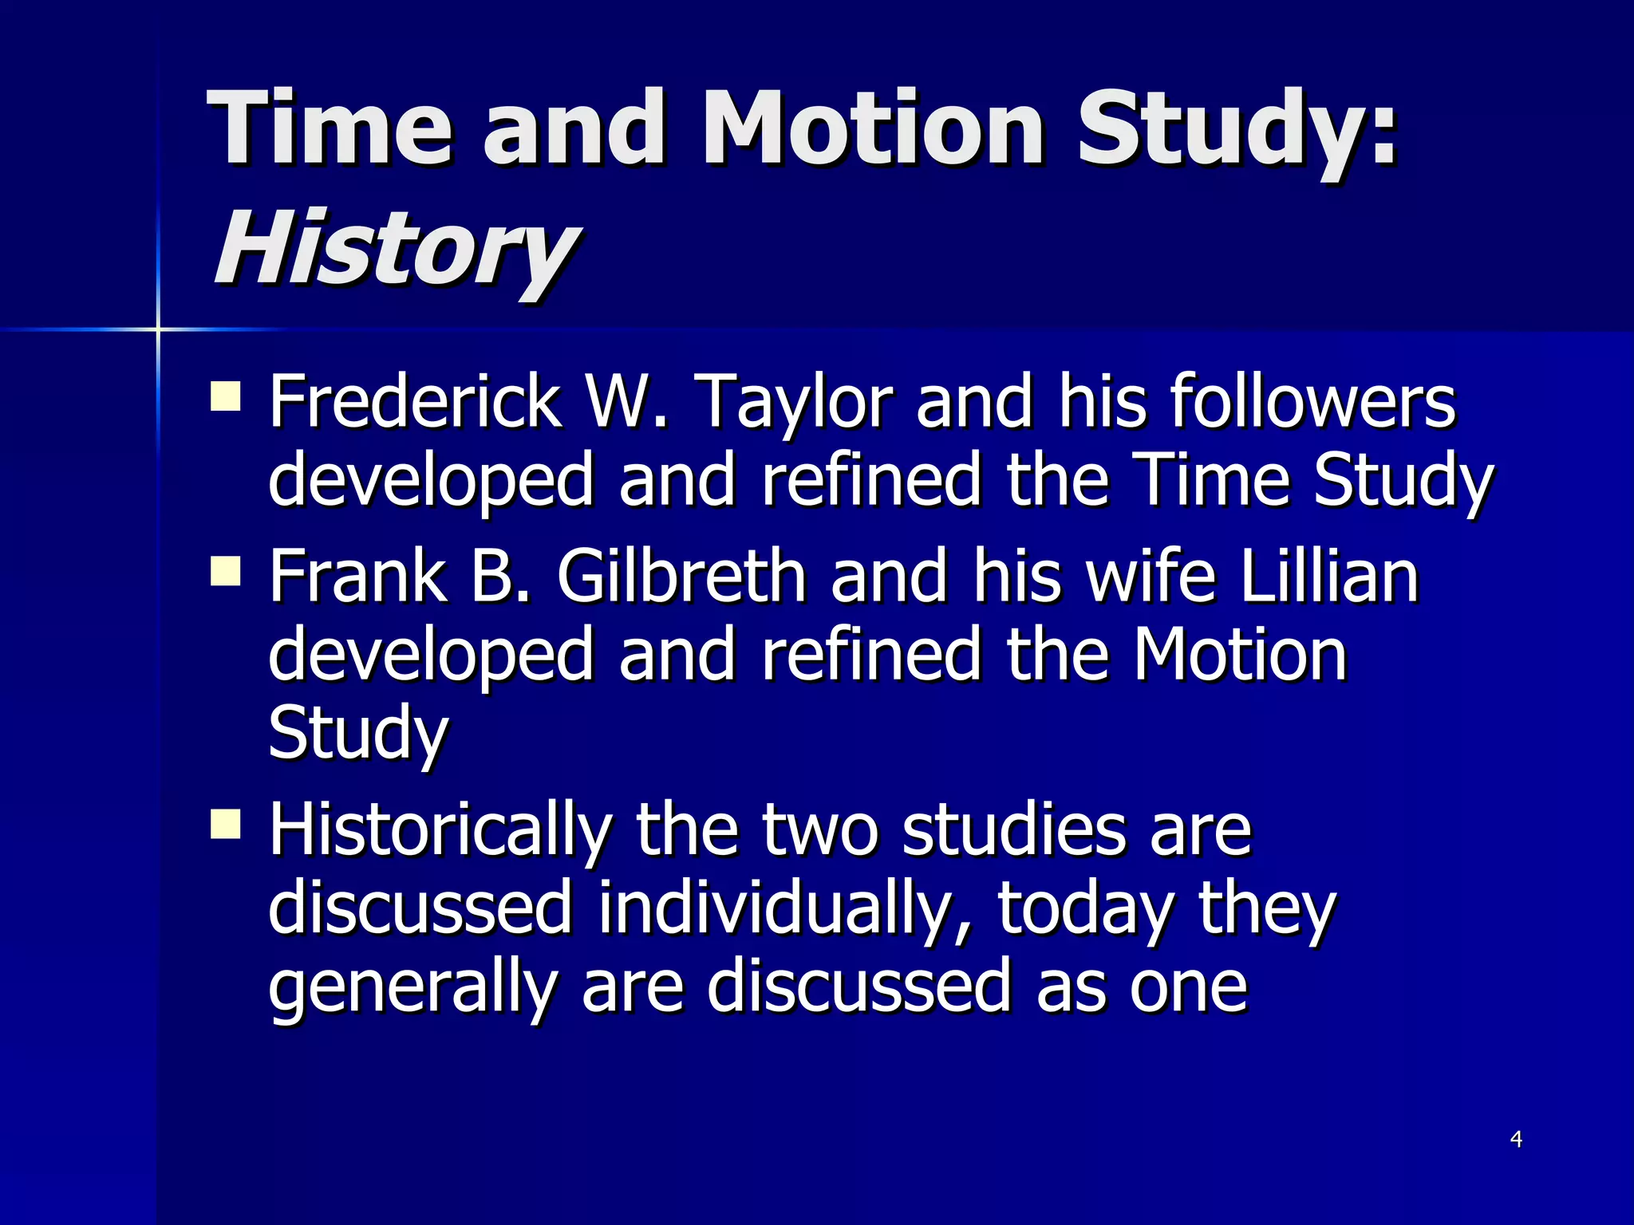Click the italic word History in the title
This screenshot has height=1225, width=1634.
pos(395,249)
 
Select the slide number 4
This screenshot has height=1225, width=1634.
pos(1516,1140)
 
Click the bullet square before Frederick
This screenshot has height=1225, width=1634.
pos(226,396)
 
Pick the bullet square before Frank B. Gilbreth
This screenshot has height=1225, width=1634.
pos(226,571)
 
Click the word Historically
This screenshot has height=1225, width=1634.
pos(440,830)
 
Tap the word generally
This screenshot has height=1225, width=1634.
pos(412,987)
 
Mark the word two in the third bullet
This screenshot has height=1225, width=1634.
pos(819,830)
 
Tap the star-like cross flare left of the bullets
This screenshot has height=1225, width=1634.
pos(158,329)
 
